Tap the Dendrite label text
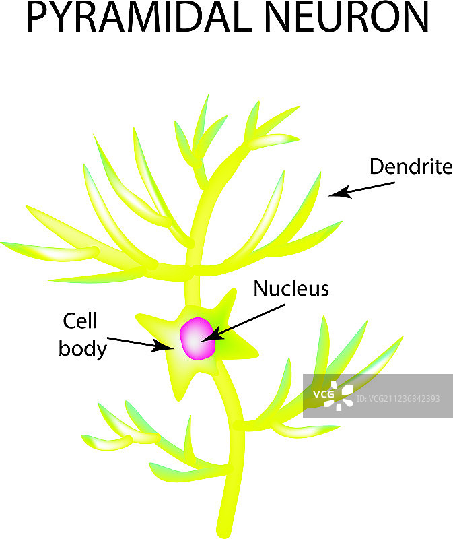click(411, 166)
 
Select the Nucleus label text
click(291, 289)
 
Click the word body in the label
click(82, 348)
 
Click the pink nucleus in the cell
click(197, 339)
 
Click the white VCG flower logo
click(337, 395)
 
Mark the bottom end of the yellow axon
click(224, 529)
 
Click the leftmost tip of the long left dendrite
click(3, 243)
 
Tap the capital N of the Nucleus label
click(260, 289)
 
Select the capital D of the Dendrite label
click(376, 166)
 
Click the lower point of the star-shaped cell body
click(175, 398)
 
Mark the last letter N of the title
click(415, 18)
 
